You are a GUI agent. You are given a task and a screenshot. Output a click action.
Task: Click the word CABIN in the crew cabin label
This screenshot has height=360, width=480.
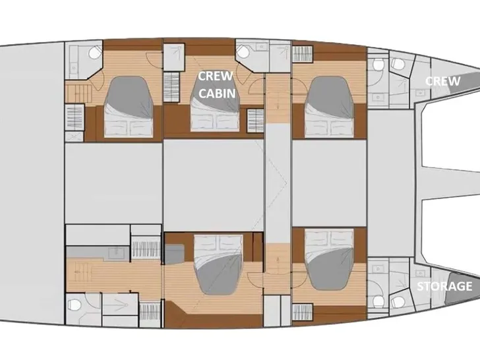coord(218,93)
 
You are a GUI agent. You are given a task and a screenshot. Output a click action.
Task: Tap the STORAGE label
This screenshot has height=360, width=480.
coord(445,287)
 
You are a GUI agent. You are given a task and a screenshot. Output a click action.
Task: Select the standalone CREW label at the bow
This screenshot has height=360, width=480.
coord(442,81)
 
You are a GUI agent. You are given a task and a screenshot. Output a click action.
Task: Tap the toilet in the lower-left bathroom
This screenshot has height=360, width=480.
coord(76,305)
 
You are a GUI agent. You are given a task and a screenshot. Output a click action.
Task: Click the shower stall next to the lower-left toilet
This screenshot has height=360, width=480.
coord(112,305)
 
